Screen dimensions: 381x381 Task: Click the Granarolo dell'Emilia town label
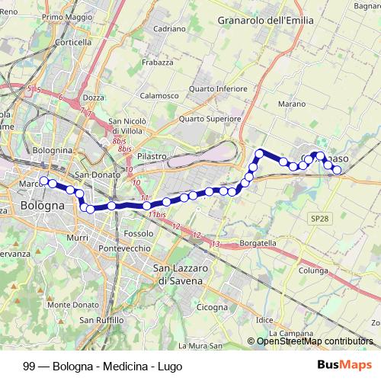coord(265,21)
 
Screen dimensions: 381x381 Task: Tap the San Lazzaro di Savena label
coord(178,274)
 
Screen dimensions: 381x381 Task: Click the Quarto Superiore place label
coord(210,119)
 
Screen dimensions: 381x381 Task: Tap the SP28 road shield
coord(319,219)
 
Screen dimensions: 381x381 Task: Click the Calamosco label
coord(159,96)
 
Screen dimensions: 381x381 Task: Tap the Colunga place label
coord(313,270)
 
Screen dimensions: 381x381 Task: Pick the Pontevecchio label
coord(129,249)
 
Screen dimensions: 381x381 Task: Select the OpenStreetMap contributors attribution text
coord(315,341)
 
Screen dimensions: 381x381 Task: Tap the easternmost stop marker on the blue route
coord(338,170)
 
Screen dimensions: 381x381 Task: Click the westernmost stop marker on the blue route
coord(44,181)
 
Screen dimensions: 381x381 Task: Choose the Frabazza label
coord(158,62)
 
